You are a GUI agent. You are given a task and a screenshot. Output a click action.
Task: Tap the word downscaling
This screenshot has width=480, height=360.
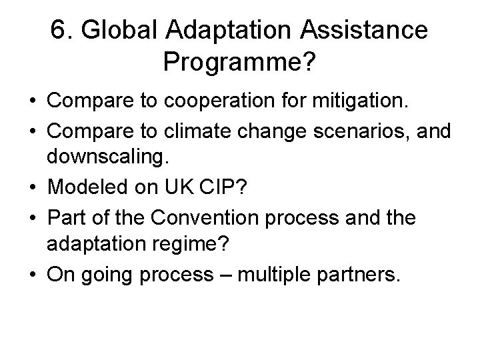(106, 158)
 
